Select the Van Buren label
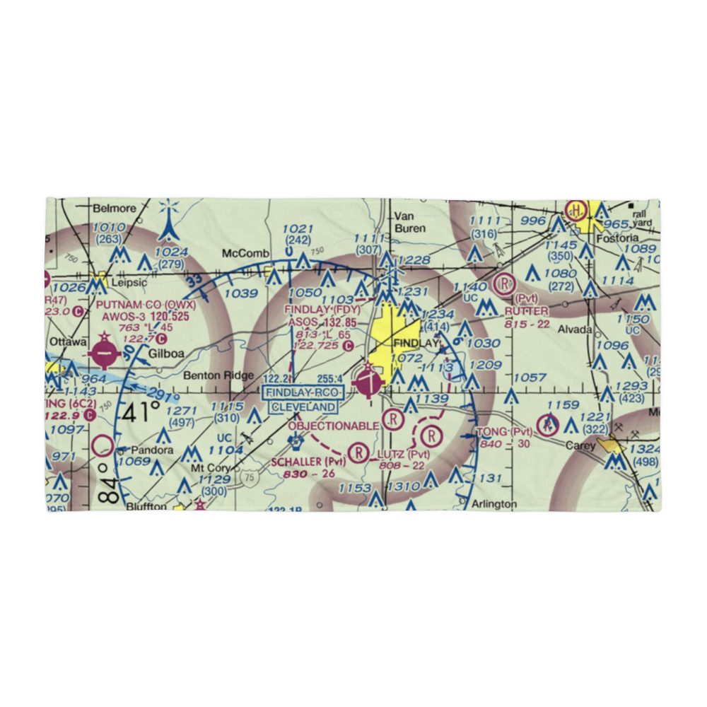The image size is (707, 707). pyautogui.click(x=410, y=222)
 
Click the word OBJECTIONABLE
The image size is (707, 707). pyautogui.click(x=334, y=426)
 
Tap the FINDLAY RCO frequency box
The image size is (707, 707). pyautogui.click(x=302, y=392)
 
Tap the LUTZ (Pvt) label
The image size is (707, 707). pyautogui.click(x=404, y=454)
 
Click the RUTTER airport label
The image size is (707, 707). pyautogui.click(x=527, y=311)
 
